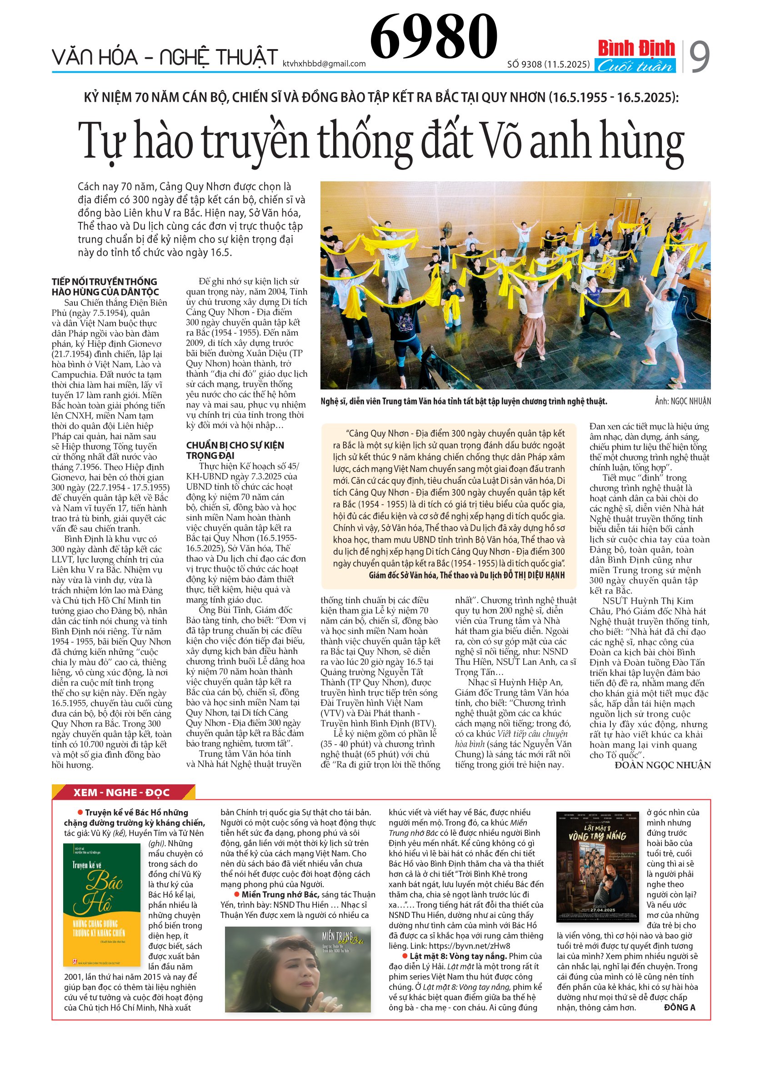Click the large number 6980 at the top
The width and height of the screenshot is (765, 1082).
point(433,36)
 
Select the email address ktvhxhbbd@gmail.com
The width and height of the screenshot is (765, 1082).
point(324,64)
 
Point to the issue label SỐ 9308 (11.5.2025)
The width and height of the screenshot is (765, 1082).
point(548,64)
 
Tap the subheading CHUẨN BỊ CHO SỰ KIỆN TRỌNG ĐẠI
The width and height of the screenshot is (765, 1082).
point(235,450)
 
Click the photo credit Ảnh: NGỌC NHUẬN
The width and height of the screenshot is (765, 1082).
point(683,401)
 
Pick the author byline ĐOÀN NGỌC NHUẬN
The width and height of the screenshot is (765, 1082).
point(662,765)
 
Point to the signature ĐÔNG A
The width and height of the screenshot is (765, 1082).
point(679,1007)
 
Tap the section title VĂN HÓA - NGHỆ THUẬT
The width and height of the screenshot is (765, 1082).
point(165,58)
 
